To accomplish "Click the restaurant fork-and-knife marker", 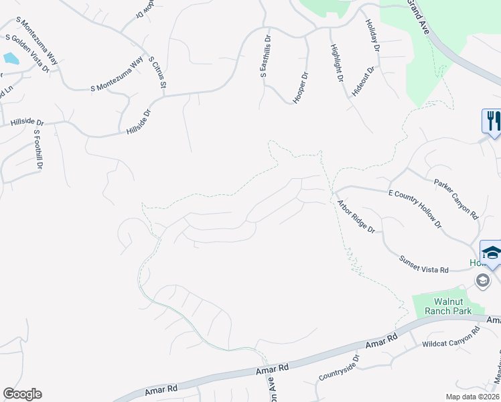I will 492,121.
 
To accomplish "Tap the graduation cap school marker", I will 491,253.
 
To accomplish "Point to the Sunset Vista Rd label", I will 423,265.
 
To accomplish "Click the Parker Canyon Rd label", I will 455,199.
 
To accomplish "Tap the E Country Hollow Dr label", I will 415,209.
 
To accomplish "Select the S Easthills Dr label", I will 264,56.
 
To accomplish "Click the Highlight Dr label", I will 336,63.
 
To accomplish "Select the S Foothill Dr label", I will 38,148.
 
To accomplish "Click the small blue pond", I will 11,58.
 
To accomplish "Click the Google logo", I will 22,394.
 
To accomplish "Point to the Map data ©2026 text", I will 472,397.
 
